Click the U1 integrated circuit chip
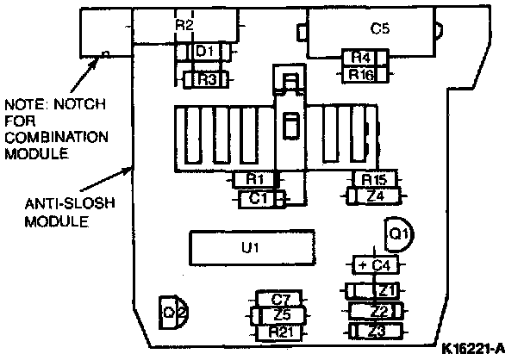250,248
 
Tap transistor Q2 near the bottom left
171,311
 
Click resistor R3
207,79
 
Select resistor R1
254,179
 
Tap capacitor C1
256,198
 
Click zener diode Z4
373,196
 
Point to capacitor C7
281,299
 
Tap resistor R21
281,332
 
